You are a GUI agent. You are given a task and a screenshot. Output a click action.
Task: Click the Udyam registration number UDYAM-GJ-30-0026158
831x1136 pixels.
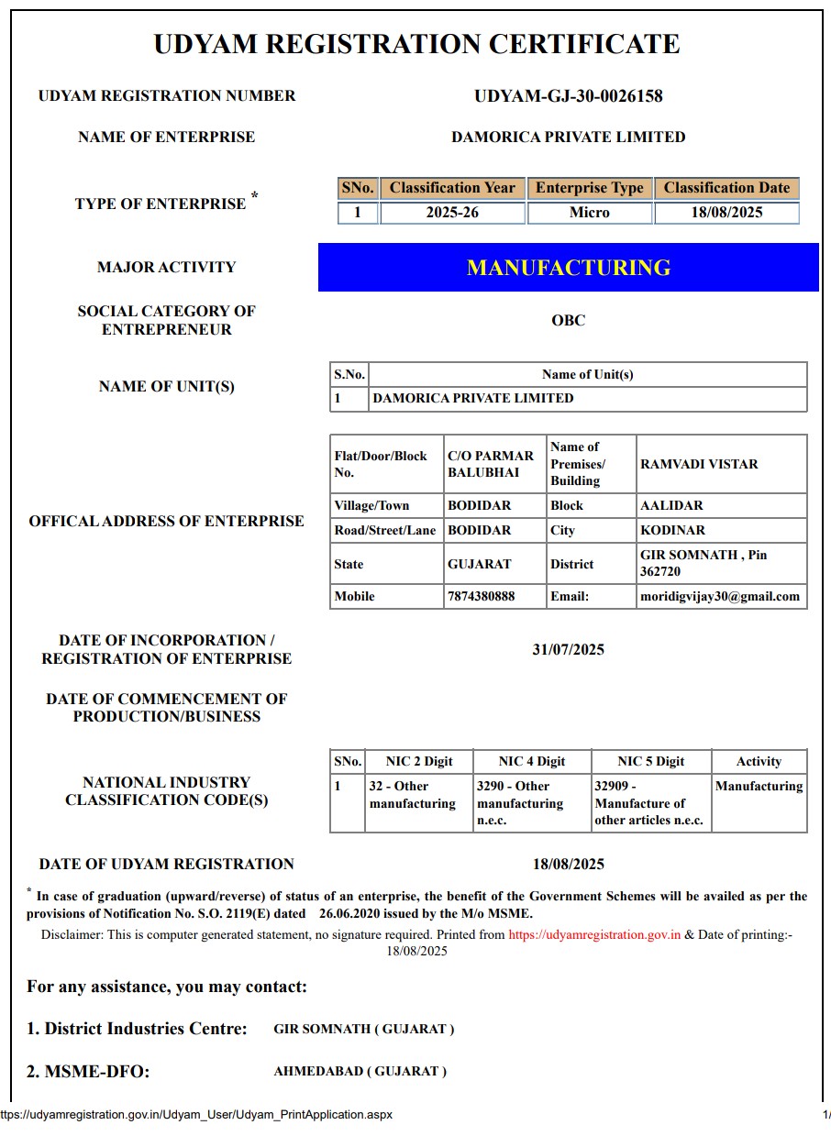(x=568, y=96)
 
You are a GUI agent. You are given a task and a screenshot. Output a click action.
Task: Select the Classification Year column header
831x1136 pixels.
(x=452, y=188)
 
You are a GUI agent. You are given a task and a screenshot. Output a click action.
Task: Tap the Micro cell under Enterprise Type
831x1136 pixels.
(x=589, y=213)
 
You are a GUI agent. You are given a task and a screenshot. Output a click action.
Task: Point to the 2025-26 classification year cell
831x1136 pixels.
(x=452, y=213)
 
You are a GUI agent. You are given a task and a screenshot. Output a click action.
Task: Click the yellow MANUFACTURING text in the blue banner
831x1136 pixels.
(x=568, y=268)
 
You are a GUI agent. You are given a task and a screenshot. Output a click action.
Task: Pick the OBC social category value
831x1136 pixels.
(x=568, y=321)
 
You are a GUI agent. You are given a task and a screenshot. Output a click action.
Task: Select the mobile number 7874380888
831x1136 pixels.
(x=481, y=596)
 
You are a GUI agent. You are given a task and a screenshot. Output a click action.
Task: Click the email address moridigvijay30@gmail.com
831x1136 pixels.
(x=720, y=596)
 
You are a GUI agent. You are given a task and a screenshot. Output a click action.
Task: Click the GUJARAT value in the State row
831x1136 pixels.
(x=479, y=564)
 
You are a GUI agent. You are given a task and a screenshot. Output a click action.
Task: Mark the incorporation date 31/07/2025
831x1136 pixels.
(x=568, y=650)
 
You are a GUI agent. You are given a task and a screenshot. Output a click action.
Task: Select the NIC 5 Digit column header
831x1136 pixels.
(x=650, y=761)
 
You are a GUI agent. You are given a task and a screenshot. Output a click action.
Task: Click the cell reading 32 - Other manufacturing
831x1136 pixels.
(x=412, y=795)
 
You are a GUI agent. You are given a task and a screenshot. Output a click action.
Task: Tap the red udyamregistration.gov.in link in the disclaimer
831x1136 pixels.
(x=594, y=935)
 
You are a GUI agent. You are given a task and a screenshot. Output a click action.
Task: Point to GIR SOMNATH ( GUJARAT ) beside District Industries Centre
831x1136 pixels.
(x=363, y=1029)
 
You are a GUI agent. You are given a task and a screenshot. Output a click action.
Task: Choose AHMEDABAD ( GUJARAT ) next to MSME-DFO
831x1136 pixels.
(x=360, y=1071)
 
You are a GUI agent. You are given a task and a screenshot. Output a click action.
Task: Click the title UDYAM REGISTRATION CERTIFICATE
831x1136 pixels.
(x=416, y=44)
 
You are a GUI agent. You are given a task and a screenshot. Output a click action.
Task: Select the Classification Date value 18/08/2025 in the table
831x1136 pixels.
(x=726, y=213)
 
